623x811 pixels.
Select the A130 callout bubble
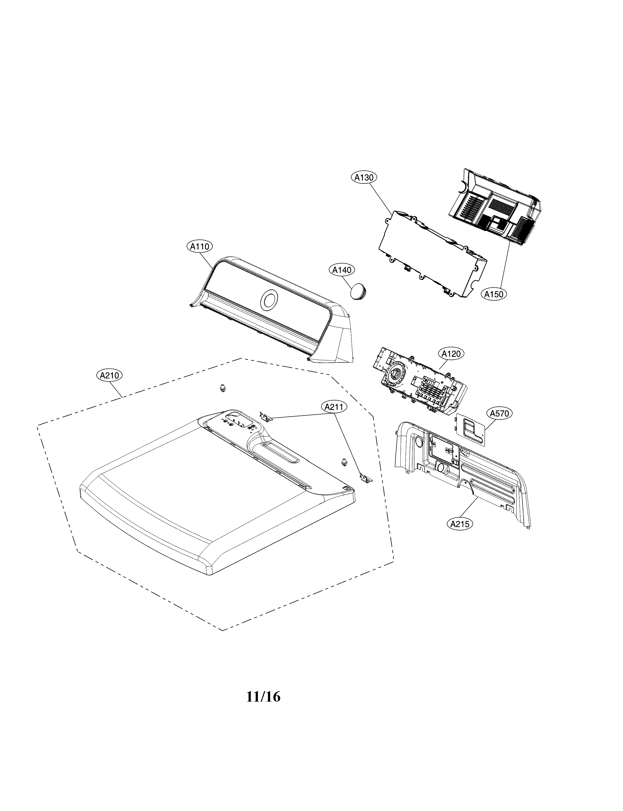[x=364, y=178]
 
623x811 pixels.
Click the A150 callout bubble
[x=494, y=294]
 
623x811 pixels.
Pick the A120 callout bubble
[x=451, y=354]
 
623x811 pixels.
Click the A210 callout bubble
[x=109, y=375]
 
